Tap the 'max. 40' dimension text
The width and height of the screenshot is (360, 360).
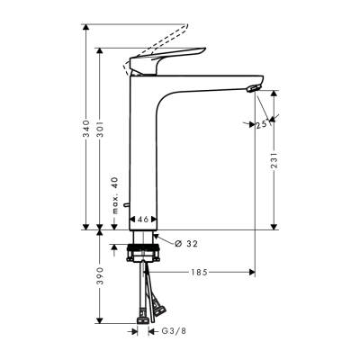(115, 195)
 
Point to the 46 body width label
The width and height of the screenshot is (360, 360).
(144, 218)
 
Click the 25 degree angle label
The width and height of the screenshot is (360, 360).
(262, 125)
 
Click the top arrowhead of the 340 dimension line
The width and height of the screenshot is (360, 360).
(86, 29)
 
